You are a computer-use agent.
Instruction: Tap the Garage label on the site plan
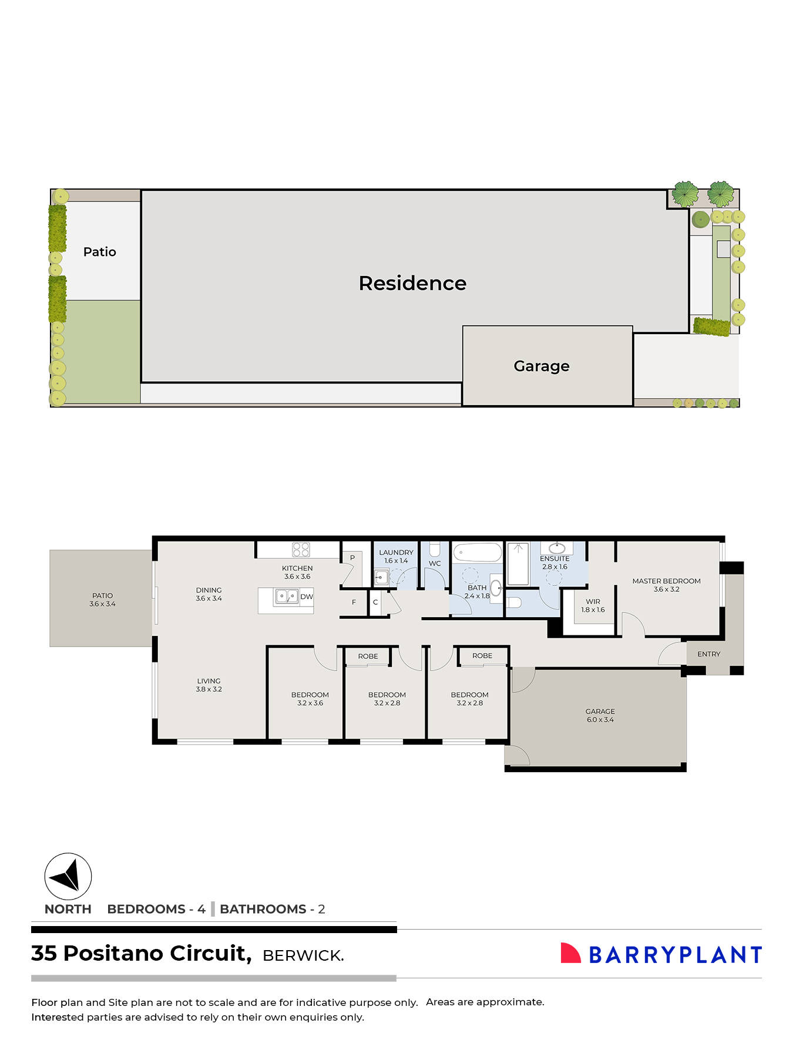pos(541,366)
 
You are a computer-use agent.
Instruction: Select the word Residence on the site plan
pos(412,283)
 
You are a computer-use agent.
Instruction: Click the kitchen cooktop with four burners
pos(301,550)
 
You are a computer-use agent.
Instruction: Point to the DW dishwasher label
pos(307,597)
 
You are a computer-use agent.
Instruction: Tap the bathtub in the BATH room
pos(477,552)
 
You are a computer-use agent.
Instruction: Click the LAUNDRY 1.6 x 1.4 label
pos(396,556)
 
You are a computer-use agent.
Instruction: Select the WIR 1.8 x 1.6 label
pos(593,605)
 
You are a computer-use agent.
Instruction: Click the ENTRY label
pos(708,654)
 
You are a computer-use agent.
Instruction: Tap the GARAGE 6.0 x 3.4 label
pos(600,715)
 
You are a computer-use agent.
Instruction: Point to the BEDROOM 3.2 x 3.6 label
pos(310,699)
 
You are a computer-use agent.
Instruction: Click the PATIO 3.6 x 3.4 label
pos(102,600)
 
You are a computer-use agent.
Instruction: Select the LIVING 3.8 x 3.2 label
pos(209,685)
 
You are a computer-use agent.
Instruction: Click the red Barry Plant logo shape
pos(569,954)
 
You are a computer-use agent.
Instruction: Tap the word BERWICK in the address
pos(303,956)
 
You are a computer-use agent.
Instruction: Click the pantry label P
pos(352,558)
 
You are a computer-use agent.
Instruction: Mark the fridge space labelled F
pos(354,602)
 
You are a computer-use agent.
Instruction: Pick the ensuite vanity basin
pos(556,548)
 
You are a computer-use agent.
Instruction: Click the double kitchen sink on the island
pos(286,597)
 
